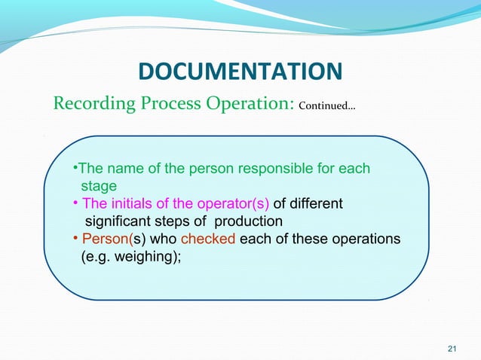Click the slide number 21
point(452,348)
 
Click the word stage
point(99,185)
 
